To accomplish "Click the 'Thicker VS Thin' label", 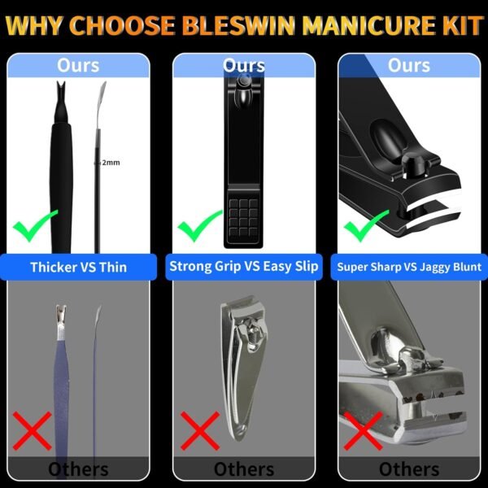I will pyautogui.click(x=79, y=267).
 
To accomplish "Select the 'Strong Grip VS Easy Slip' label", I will pyautogui.click(x=244, y=267).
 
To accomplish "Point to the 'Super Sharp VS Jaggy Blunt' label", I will pyautogui.click(x=409, y=267).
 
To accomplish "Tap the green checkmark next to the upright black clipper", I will pyautogui.click(x=200, y=224).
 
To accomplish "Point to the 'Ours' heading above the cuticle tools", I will pyautogui.click(x=79, y=65).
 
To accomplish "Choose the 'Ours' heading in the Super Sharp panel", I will pyautogui.click(x=409, y=65).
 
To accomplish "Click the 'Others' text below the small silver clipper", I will pyautogui.click(x=244, y=469).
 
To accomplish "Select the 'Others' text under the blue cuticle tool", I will pyautogui.click(x=79, y=469).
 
